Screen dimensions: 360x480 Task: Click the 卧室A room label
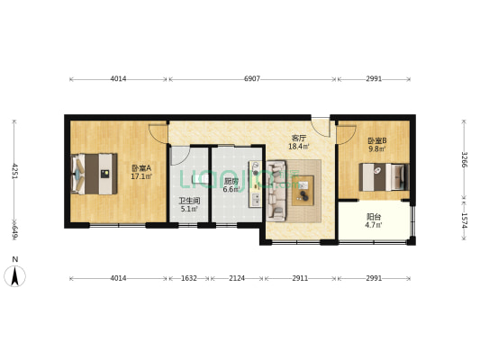pyautogui.click(x=140, y=167)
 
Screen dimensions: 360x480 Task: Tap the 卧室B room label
pyautogui.click(x=376, y=140)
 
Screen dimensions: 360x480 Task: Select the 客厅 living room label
pyautogui.click(x=298, y=138)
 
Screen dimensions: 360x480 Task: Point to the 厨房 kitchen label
pyautogui.click(x=229, y=180)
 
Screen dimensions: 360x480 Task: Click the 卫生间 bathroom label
pyautogui.click(x=188, y=201)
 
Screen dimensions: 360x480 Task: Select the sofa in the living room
pyautogui.click(x=276, y=189)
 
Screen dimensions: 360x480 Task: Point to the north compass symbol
pyautogui.click(x=14, y=273)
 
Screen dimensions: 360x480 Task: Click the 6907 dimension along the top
pyautogui.click(x=252, y=79)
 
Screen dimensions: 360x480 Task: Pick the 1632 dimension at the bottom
pyautogui.click(x=188, y=278)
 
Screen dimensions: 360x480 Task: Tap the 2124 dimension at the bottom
pyautogui.click(x=236, y=278)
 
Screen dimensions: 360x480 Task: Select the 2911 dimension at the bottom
pyautogui.click(x=301, y=278)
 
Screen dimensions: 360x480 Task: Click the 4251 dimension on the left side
pyautogui.click(x=14, y=170)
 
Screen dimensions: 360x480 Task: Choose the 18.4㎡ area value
pyautogui.click(x=298, y=147)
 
